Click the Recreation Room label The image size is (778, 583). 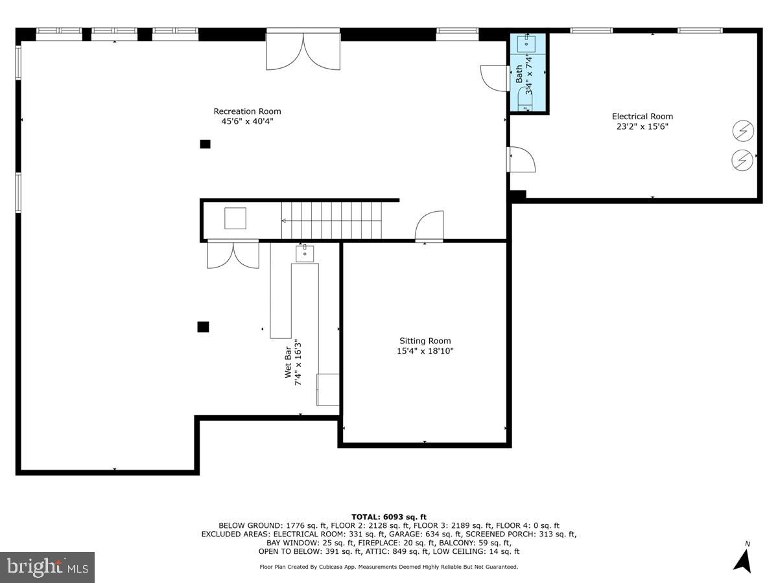point(248,111)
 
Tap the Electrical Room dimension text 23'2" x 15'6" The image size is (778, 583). point(642,127)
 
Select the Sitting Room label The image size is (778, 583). point(425,341)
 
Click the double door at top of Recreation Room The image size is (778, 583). point(303,52)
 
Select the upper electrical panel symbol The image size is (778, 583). point(743,131)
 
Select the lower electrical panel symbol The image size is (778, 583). point(743,160)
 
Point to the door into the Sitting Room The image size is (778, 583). point(429,227)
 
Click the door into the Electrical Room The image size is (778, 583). point(522,159)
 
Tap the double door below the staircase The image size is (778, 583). point(233,254)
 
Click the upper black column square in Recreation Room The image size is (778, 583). point(205,144)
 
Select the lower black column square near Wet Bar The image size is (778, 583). point(203,327)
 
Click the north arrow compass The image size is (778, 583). point(743,558)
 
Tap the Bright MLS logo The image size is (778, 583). point(47,567)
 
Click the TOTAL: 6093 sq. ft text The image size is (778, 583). point(389,516)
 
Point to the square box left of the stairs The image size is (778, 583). point(235,218)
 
